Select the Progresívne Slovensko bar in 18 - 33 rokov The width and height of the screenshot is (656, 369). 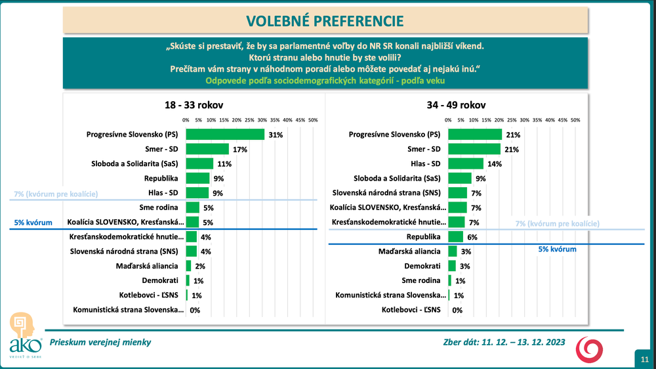(225, 135)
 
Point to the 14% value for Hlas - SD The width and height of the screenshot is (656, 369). (495, 163)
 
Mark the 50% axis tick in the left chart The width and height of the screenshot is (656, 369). (313, 120)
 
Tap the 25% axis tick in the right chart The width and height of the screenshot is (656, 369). (512, 120)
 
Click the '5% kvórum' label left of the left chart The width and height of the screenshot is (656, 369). (33, 223)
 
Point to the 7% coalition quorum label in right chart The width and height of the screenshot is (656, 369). (557, 223)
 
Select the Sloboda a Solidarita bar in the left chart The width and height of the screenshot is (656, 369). (200, 163)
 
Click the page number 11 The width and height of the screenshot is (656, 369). (644, 358)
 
